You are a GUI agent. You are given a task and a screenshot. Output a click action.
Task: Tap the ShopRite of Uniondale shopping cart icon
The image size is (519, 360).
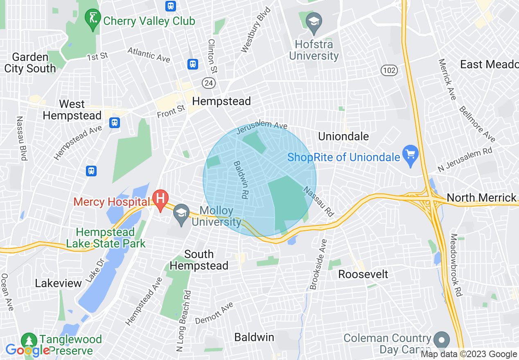point(411,155)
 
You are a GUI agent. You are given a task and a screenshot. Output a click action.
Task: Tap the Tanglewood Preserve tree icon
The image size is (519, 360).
point(29,340)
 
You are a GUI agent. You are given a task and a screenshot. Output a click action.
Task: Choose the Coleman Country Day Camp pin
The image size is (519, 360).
point(441,339)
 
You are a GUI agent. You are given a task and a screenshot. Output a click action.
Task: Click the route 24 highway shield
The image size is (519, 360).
point(209,83)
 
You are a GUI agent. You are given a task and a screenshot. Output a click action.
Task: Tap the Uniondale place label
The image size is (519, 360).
point(343,136)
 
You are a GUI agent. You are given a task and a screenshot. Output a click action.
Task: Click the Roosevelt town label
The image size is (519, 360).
point(363,274)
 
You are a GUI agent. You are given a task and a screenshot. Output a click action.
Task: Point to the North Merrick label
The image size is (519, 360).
point(481,198)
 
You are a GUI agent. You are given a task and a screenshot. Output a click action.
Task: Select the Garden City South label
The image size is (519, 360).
point(30,63)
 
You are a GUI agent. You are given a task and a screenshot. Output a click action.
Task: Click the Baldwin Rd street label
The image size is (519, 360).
point(241,180)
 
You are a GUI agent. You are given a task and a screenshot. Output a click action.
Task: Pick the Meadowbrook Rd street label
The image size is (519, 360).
point(456,265)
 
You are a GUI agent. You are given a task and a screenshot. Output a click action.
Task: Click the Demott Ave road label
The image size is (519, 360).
point(214,313)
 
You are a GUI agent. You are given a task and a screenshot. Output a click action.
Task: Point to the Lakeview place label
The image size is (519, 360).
point(59,283)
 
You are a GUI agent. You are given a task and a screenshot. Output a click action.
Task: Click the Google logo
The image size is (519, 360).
point(27,350)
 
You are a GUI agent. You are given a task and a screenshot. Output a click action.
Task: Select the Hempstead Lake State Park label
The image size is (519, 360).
point(106,238)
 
